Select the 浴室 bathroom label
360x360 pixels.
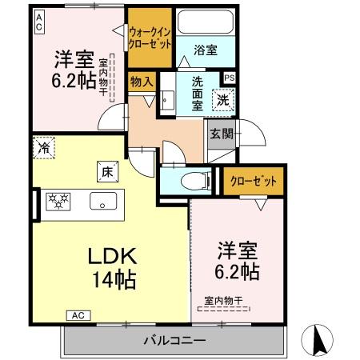coord(205,50)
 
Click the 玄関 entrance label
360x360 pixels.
coord(222,134)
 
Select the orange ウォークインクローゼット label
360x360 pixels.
coord(150,39)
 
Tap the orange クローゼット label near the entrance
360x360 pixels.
coord(253,181)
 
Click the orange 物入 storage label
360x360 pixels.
coord(141,81)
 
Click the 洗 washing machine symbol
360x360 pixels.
coord(223,100)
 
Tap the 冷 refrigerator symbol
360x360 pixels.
coord(45,148)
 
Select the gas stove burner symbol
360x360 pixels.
coord(58,200)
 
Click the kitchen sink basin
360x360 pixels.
coord(102,200)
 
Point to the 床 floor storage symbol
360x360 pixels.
coord(106,170)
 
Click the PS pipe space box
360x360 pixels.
coord(230,78)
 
